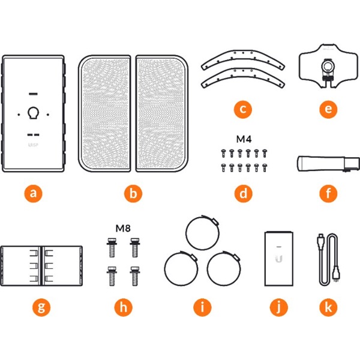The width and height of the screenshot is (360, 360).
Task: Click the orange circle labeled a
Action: (34, 194)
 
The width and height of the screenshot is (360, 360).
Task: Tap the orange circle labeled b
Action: (133, 194)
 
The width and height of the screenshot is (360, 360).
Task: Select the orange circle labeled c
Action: (243, 110)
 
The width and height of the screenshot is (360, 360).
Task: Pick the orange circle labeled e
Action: (328, 110)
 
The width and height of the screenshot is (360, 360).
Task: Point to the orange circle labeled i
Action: (203, 308)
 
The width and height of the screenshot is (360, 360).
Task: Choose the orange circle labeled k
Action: (328, 308)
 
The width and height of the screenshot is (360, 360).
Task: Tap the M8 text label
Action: (123, 229)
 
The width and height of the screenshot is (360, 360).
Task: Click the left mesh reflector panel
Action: (106, 113)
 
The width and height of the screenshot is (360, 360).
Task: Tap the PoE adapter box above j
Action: (278, 257)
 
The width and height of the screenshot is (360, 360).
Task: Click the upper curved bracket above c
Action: (243, 61)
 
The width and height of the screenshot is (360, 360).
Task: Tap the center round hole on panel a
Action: (34, 113)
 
